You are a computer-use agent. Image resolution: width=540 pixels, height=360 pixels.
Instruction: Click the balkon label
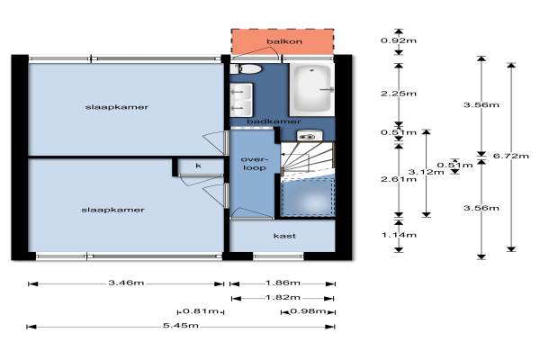(284, 41)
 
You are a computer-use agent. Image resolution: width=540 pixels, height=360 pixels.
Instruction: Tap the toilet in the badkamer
(247, 69)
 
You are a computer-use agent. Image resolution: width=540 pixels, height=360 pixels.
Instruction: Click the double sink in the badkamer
(241, 100)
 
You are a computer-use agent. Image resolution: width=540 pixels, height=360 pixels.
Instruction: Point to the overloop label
(254, 164)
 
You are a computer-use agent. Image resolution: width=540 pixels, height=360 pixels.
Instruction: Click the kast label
(284, 236)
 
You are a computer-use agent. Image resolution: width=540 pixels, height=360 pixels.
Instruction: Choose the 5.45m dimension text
(181, 325)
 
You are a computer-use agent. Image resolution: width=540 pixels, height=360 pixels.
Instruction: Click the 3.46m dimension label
(126, 283)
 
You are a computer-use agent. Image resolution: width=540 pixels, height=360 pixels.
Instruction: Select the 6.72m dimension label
(510, 156)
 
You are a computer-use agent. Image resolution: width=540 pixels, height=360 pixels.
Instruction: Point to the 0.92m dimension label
(399, 40)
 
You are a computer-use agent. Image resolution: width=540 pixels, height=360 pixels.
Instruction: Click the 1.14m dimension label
(399, 235)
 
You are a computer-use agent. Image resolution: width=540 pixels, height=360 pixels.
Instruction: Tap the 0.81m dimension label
(201, 311)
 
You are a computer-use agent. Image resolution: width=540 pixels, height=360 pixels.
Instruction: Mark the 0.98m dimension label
(308, 311)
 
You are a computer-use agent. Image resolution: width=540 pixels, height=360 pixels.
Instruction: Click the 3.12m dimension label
(426, 172)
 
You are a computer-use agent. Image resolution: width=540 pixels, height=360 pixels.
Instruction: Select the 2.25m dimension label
(399, 94)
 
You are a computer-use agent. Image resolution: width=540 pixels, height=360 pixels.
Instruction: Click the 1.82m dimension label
(283, 297)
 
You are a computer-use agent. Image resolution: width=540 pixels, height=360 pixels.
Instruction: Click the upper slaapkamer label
(117, 107)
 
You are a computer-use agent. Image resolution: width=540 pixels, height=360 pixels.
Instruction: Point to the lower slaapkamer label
(112, 210)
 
